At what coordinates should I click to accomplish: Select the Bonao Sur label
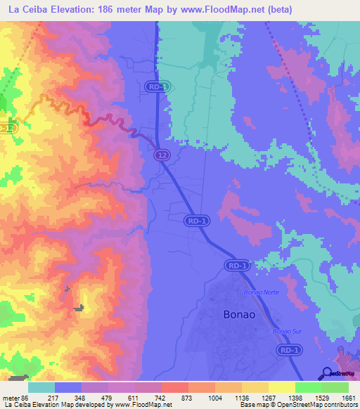point(285,330)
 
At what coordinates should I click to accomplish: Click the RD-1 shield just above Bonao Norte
point(238,266)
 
